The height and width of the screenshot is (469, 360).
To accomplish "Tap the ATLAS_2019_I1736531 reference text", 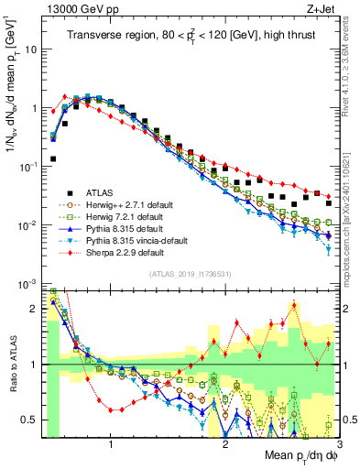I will [x=190, y=274].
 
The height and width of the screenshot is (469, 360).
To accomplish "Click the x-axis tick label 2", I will [x=225, y=447].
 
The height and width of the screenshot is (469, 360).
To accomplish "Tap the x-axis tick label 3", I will [x=339, y=447].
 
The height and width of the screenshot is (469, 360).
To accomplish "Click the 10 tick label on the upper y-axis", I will [x=30, y=49].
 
